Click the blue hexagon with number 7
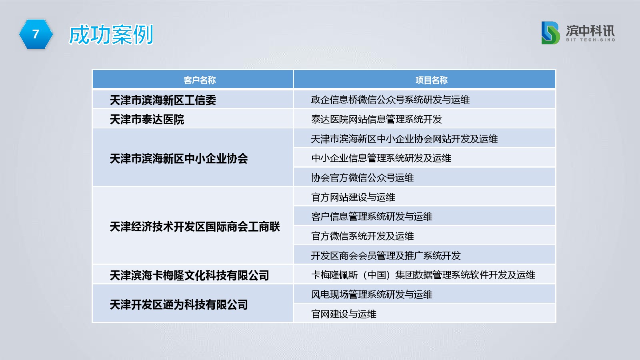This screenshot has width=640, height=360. (x=36, y=34)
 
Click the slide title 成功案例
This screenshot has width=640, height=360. (x=111, y=34)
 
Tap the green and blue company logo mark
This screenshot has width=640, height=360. (x=550, y=33)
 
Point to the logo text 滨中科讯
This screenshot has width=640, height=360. (x=590, y=30)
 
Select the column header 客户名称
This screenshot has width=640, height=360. (x=200, y=80)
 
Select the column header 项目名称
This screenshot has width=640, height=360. (x=432, y=80)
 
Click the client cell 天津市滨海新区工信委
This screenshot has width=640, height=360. (x=163, y=100)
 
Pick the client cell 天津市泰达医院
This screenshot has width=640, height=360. (x=147, y=120)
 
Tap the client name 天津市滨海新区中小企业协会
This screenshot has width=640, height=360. (x=179, y=158)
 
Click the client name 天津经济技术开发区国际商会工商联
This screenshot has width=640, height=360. (x=195, y=227)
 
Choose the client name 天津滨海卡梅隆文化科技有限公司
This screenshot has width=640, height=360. (x=190, y=276)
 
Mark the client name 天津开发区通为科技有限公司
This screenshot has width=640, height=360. (x=179, y=305)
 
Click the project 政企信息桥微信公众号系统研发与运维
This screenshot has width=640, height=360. (x=390, y=100)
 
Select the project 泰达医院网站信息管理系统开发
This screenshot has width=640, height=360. (x=376, y=119)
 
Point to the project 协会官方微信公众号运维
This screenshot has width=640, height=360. (x=362, y=178)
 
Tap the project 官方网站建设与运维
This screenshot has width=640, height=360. (x=353, y=197)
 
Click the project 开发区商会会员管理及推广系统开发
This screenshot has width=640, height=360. (x=386, y=256)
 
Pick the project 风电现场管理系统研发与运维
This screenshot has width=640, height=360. (x=372, y=294)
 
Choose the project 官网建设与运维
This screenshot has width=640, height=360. (x=344, y=314)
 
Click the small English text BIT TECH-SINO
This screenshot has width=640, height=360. (x=590, y=40)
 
